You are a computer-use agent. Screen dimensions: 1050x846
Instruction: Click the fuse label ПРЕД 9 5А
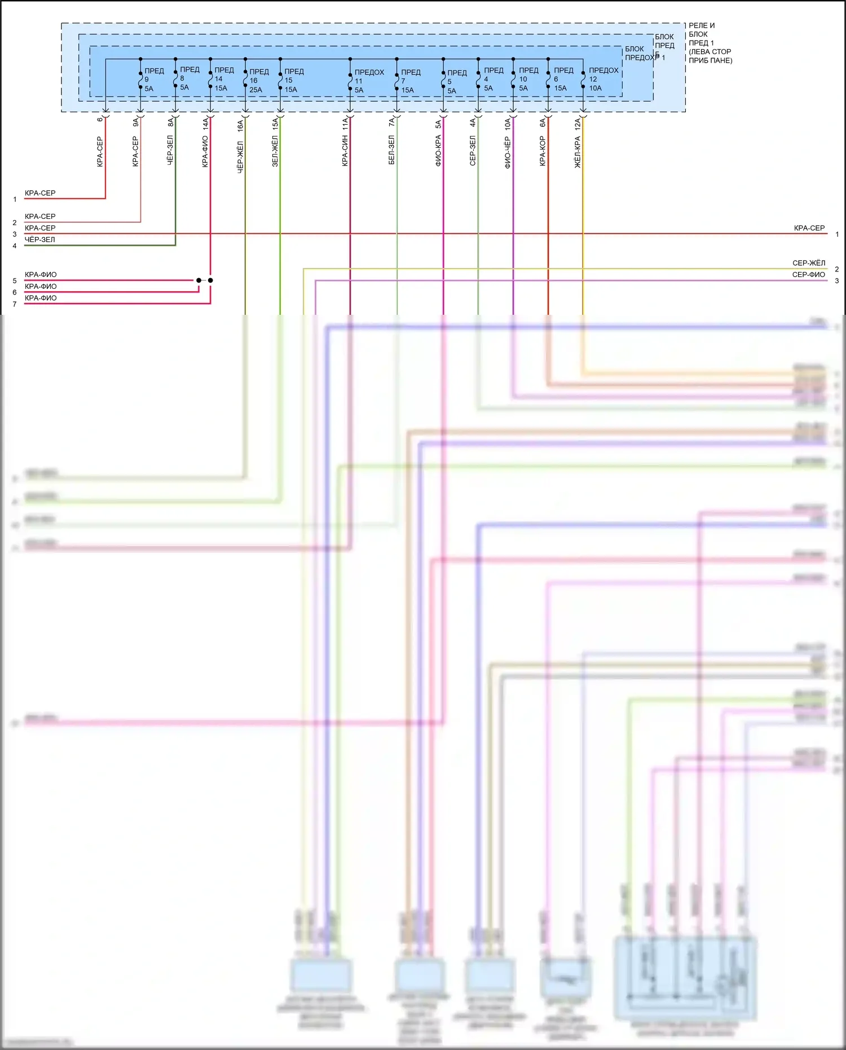point(153,80)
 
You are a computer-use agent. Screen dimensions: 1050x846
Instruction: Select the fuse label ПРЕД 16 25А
point(258,81)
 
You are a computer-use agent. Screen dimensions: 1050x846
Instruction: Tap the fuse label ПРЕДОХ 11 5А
point(368,81)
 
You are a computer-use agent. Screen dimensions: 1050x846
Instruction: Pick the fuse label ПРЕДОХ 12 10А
point(603,79)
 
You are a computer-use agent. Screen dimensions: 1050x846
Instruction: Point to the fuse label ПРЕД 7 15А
point(410,81)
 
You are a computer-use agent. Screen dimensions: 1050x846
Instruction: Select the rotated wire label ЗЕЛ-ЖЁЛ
point(275,151)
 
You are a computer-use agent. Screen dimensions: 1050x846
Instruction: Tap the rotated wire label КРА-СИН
point(345,151)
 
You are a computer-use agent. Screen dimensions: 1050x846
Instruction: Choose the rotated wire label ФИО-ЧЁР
point(508,152)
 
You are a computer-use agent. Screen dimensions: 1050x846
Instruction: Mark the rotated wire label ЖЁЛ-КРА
point(578,152)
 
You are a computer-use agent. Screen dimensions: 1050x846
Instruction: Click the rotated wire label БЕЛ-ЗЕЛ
point(391,150)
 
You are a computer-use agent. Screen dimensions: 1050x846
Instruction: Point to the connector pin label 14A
point(205,124)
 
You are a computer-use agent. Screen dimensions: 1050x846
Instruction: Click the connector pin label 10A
point(508,124)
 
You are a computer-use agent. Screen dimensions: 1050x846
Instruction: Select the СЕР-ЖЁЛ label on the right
point(808,263)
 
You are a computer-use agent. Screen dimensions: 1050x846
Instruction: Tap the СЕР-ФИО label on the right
point(808,275)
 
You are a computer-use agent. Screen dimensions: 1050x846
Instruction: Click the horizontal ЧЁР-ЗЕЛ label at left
point(40,240)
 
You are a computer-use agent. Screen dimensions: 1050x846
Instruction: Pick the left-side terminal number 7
point(15,304)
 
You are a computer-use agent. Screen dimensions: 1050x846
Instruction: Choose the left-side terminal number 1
point(15,199)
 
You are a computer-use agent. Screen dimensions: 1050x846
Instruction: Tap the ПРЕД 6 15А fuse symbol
point(548,80)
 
